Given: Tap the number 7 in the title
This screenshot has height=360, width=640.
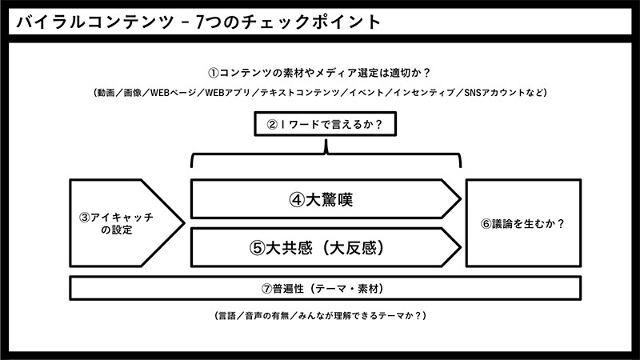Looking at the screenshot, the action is [x=199, y=22].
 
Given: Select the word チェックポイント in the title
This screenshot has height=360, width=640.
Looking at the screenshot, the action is [x=311, y=22].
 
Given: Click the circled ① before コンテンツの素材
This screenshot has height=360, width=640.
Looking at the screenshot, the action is [x=214, y=73].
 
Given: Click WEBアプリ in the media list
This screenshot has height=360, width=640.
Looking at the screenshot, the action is [x=227, y=93].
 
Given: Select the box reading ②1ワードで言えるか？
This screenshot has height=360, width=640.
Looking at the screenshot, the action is [x=326, y=124].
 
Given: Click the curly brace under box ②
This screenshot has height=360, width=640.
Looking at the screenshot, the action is [x=326, y=154].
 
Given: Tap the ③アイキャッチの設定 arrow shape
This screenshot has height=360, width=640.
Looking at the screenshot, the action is [x=126, y=223].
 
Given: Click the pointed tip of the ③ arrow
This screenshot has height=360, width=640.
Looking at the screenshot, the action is [x=185, y=223].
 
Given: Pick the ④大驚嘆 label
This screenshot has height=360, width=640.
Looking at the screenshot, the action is [x=321, y=199].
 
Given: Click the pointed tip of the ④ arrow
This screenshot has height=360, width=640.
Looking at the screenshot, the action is [x=462, y=199].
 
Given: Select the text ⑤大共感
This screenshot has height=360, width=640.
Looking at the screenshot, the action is [x=281, y=248].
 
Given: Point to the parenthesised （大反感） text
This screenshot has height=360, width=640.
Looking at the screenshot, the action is [x=353, y=248].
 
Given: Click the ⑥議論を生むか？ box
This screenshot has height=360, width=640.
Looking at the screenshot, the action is [x=523, y=223].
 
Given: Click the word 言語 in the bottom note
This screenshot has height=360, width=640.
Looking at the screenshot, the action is [x=227, y=316].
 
